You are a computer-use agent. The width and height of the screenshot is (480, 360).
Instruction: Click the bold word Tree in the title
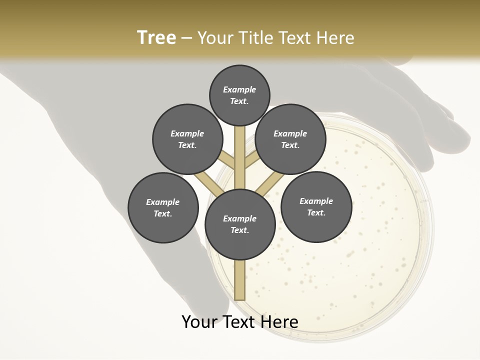[156, 38]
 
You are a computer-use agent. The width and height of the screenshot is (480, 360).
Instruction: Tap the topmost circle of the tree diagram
[239, 95]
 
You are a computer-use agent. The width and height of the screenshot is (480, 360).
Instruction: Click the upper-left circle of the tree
[187, 139]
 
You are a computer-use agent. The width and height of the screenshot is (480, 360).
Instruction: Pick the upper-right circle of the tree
[290, 139]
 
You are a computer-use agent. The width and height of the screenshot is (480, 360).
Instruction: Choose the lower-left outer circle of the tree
[163, 207]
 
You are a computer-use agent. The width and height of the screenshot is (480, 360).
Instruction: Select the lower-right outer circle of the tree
[316, 206]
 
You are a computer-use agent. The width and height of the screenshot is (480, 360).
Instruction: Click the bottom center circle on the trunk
[240, 224]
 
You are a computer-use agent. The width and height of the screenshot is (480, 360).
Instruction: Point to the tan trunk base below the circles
[240, 280]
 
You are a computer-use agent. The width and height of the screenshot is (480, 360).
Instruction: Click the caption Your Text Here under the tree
[240, 322]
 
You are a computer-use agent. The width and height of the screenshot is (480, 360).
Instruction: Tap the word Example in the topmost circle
[239, 89]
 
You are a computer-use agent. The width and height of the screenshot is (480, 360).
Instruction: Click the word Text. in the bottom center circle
[240, 230]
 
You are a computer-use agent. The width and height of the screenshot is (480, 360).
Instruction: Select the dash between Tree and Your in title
[186, 38]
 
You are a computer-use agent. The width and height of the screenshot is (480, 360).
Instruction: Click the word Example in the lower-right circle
[316, 201]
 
